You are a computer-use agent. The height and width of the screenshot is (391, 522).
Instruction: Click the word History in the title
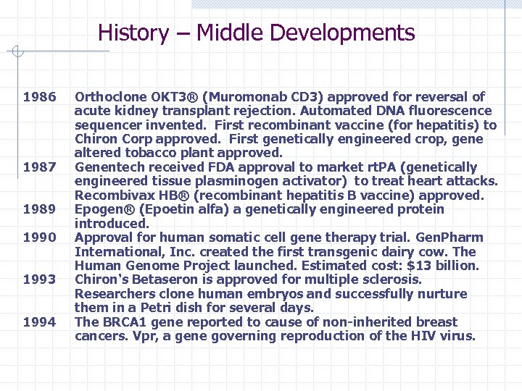(133, 33)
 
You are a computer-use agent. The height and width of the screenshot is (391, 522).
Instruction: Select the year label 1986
(39, 97)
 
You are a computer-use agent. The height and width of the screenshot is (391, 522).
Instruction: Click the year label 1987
(39, 167)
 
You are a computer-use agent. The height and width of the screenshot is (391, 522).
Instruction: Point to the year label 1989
(39, 209)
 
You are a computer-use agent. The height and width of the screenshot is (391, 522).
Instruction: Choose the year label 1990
(39, 237)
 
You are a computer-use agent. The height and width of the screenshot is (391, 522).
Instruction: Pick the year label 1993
(39, 279)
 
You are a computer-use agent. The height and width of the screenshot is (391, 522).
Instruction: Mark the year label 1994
(39, 322)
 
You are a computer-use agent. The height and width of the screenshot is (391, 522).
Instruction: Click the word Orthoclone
(110, 97)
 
